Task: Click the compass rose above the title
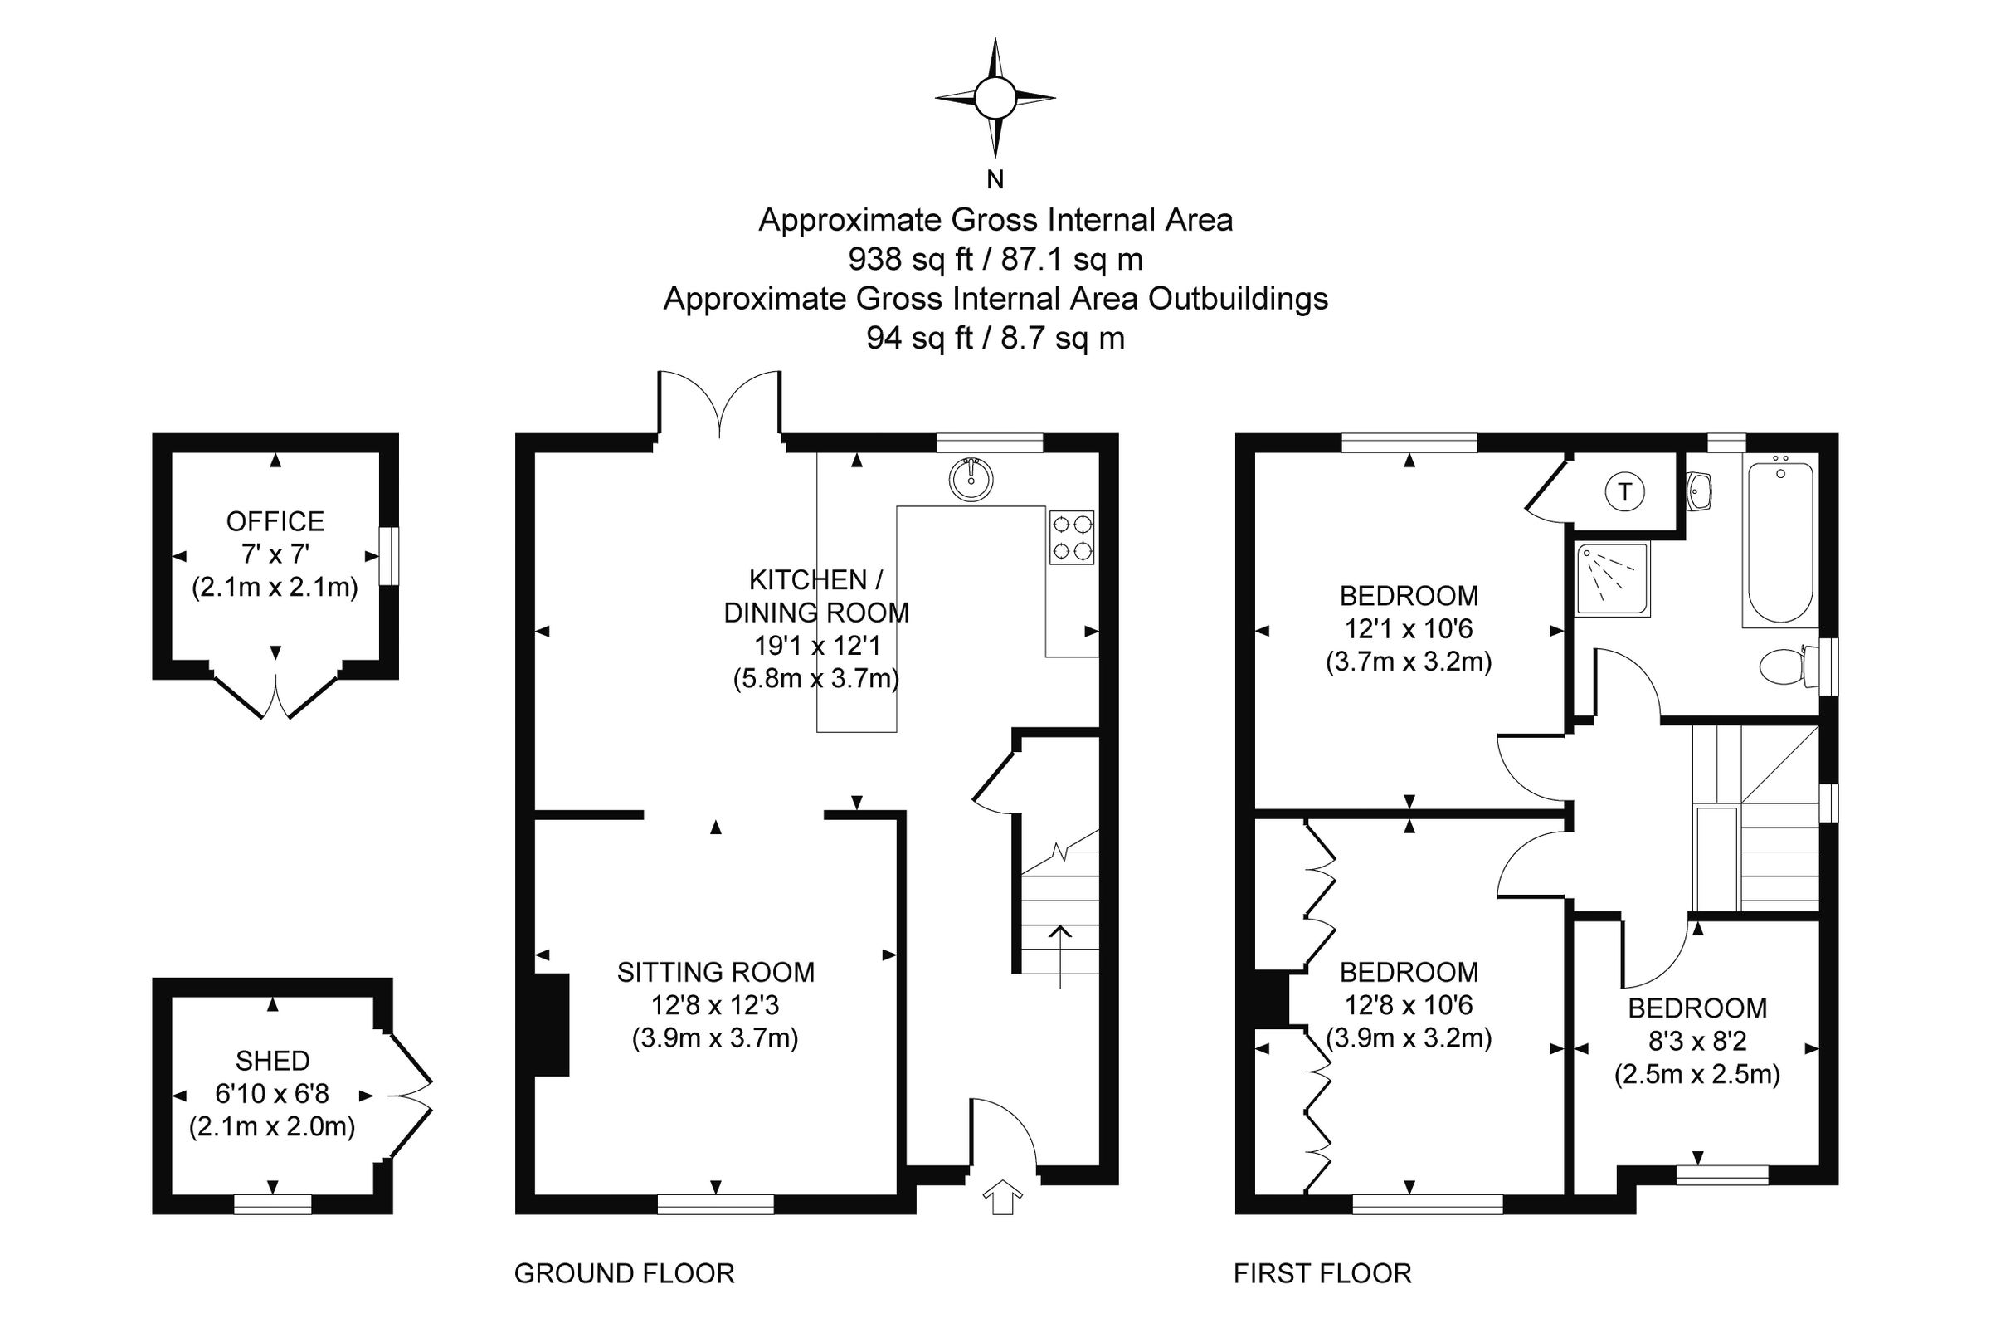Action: pos(995,98)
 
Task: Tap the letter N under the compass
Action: pos(995,179)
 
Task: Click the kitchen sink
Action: pos(971,480)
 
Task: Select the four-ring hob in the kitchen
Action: pos(1071,538)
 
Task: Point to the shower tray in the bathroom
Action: pos(1613,579)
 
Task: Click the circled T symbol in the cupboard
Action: pos(1624,492)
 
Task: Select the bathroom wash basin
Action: pos(1700,491)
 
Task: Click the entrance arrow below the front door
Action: pos(1002,1197)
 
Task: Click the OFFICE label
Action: pos(275,521)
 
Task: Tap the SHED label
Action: pos(273,1061)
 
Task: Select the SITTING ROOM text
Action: pos(715,972)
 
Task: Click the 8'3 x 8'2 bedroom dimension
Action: pos(1697,1041)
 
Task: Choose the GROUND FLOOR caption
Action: pos(624,1274)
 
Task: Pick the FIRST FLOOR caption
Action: pos(1322,1274)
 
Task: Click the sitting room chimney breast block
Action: pos(551,1025)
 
